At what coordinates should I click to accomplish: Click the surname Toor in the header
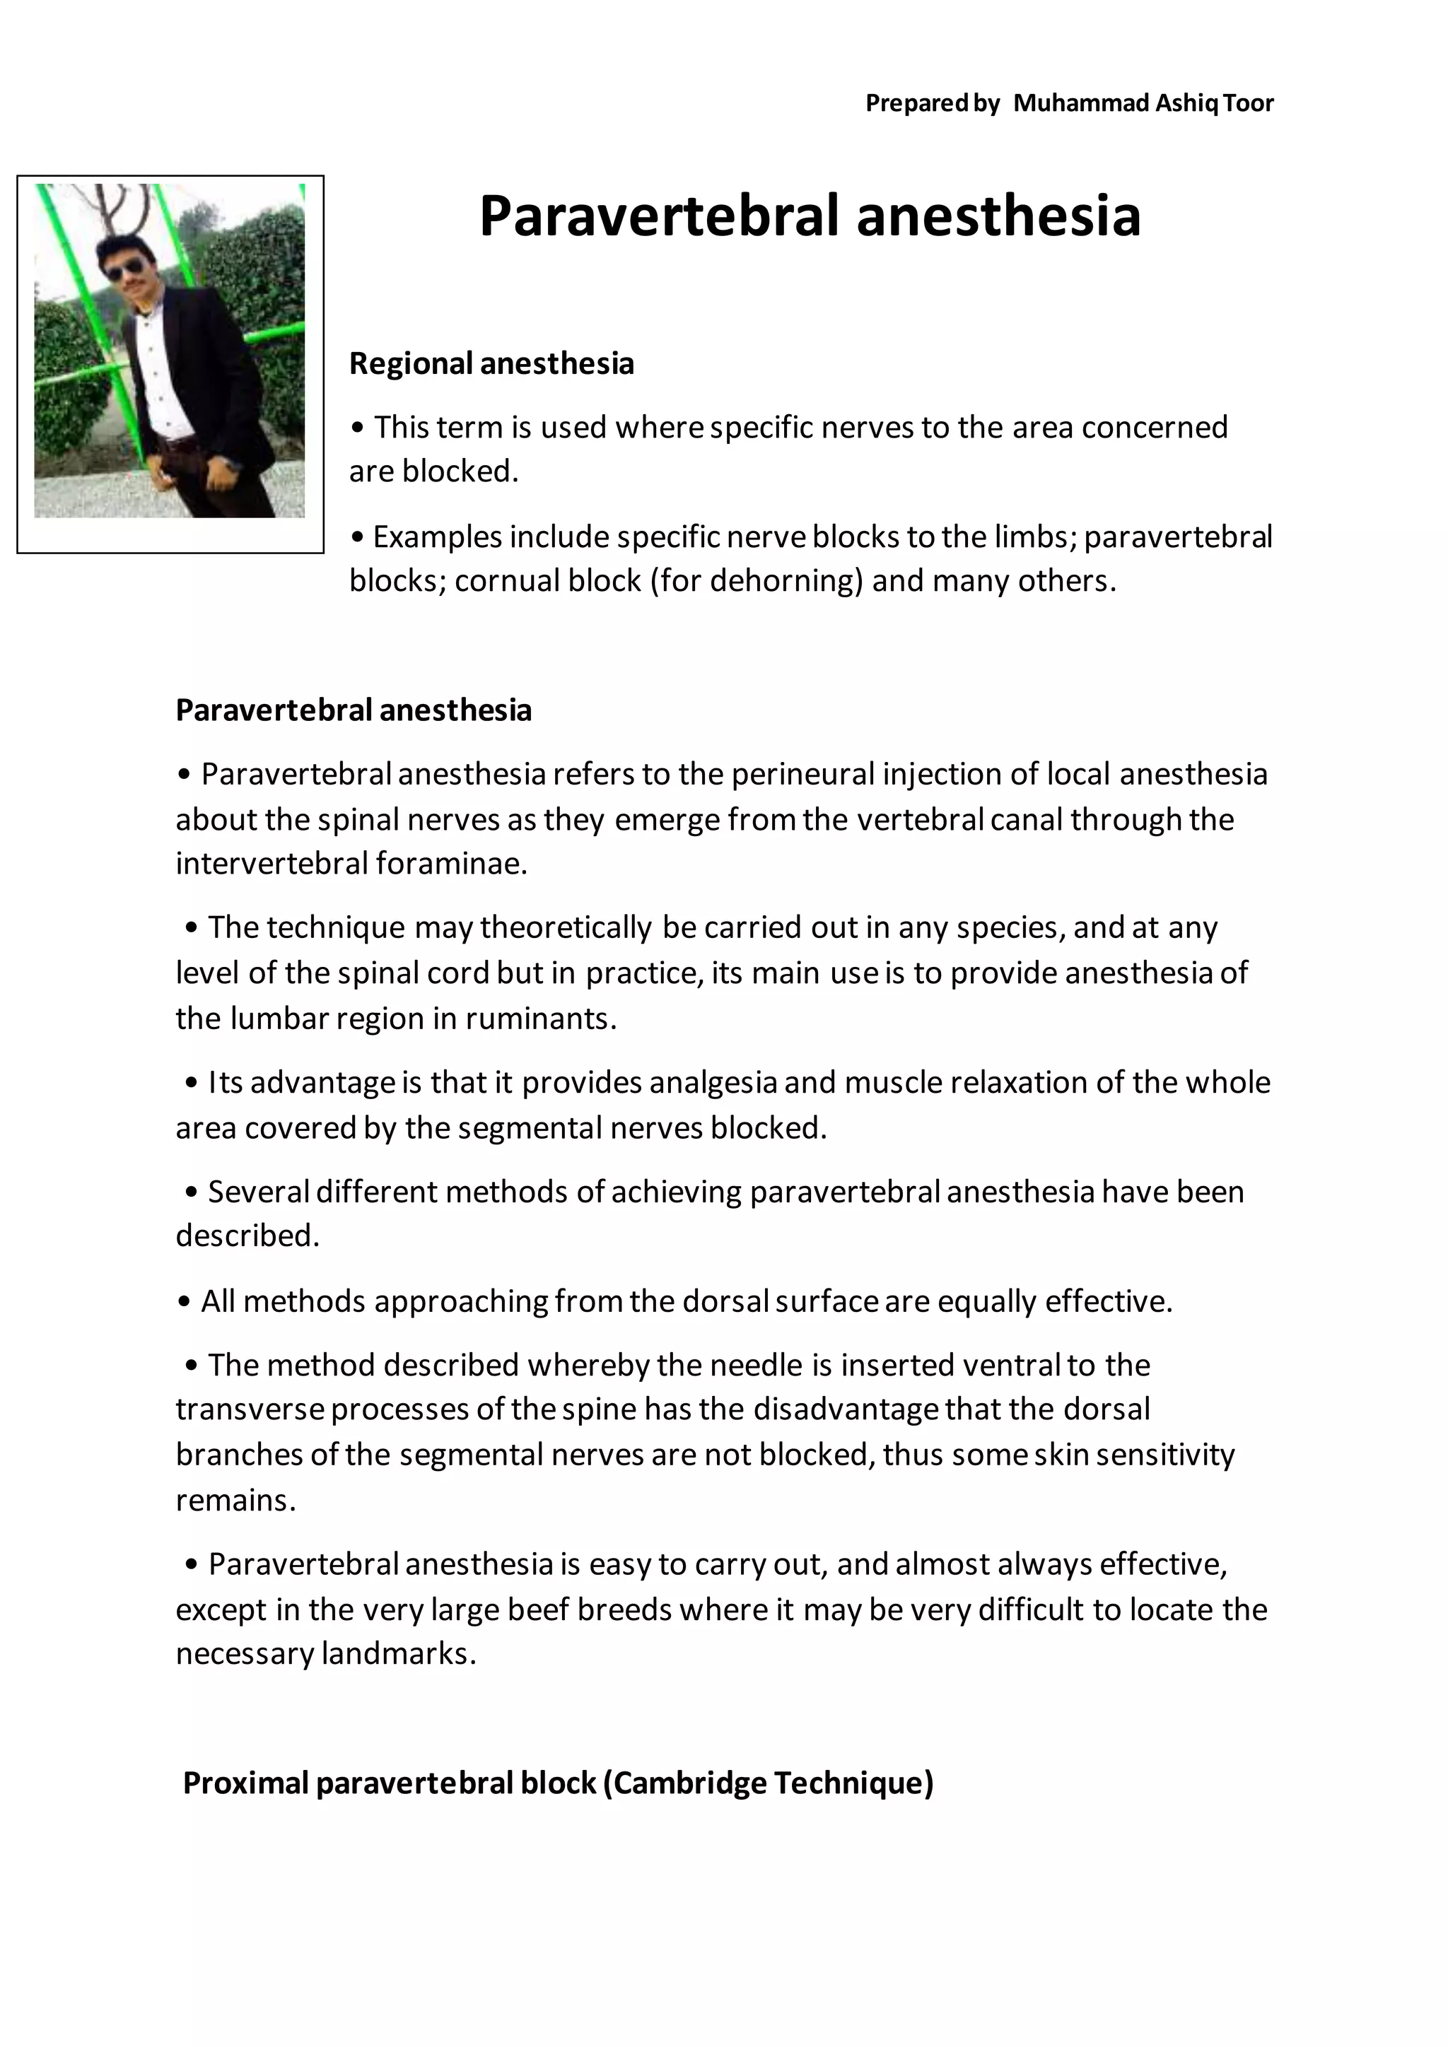tap(1249, 103)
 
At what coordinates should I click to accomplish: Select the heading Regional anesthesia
tap(491, 364)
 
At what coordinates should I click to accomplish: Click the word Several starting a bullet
tap(257, 1191)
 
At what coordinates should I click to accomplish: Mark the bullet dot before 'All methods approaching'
tap(185, 1303)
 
